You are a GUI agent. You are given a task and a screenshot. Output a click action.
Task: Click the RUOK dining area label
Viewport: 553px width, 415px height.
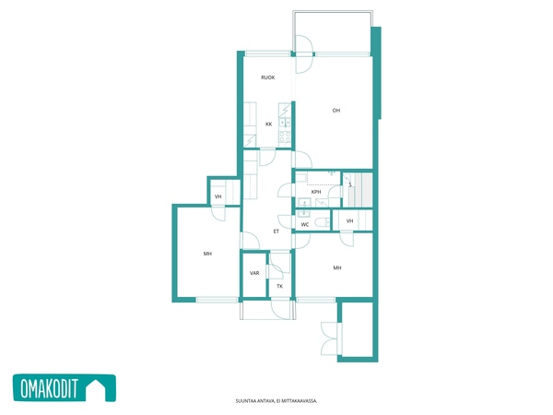click(267, 77)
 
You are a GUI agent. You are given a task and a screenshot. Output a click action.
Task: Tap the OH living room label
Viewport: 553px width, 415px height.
click(336, 111)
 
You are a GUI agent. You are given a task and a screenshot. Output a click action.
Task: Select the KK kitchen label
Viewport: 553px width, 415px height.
click(269, 125)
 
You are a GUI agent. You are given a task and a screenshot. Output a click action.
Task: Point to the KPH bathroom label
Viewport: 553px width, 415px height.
click(316, 192)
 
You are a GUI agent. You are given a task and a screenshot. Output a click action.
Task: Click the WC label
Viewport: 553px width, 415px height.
click(305, 224)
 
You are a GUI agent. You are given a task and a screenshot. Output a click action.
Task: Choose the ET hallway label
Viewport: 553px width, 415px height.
click(276, 231)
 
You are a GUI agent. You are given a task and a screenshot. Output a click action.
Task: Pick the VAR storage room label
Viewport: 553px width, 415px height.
click(254, 273)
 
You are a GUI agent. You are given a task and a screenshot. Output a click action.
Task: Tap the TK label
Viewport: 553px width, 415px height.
click(279, 286)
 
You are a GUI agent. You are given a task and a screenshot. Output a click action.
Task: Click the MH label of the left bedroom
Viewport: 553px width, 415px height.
click(207, 254)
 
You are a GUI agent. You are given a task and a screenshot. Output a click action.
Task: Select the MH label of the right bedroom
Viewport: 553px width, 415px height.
click(337, 267)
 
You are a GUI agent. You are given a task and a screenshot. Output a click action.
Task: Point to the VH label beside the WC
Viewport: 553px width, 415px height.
click(349, 221)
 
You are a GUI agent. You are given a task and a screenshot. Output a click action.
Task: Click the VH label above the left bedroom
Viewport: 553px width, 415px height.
click(218, 196)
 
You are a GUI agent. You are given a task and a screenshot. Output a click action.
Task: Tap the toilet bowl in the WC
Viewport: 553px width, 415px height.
click(322, 222)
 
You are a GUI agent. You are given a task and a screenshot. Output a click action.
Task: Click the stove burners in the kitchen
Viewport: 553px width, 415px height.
click(285, 136)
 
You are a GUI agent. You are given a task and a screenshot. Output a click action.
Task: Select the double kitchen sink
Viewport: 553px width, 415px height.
click(285, 123)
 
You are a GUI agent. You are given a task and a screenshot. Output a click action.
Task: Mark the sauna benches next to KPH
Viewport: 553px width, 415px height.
click(358, 190)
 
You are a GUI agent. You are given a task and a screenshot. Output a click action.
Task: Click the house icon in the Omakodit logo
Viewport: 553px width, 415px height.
click(96, 388)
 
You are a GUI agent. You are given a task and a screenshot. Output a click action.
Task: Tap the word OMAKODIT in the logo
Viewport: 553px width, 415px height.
click(49, 388)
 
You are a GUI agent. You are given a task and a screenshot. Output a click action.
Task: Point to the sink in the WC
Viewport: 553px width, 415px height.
click(303, 213)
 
